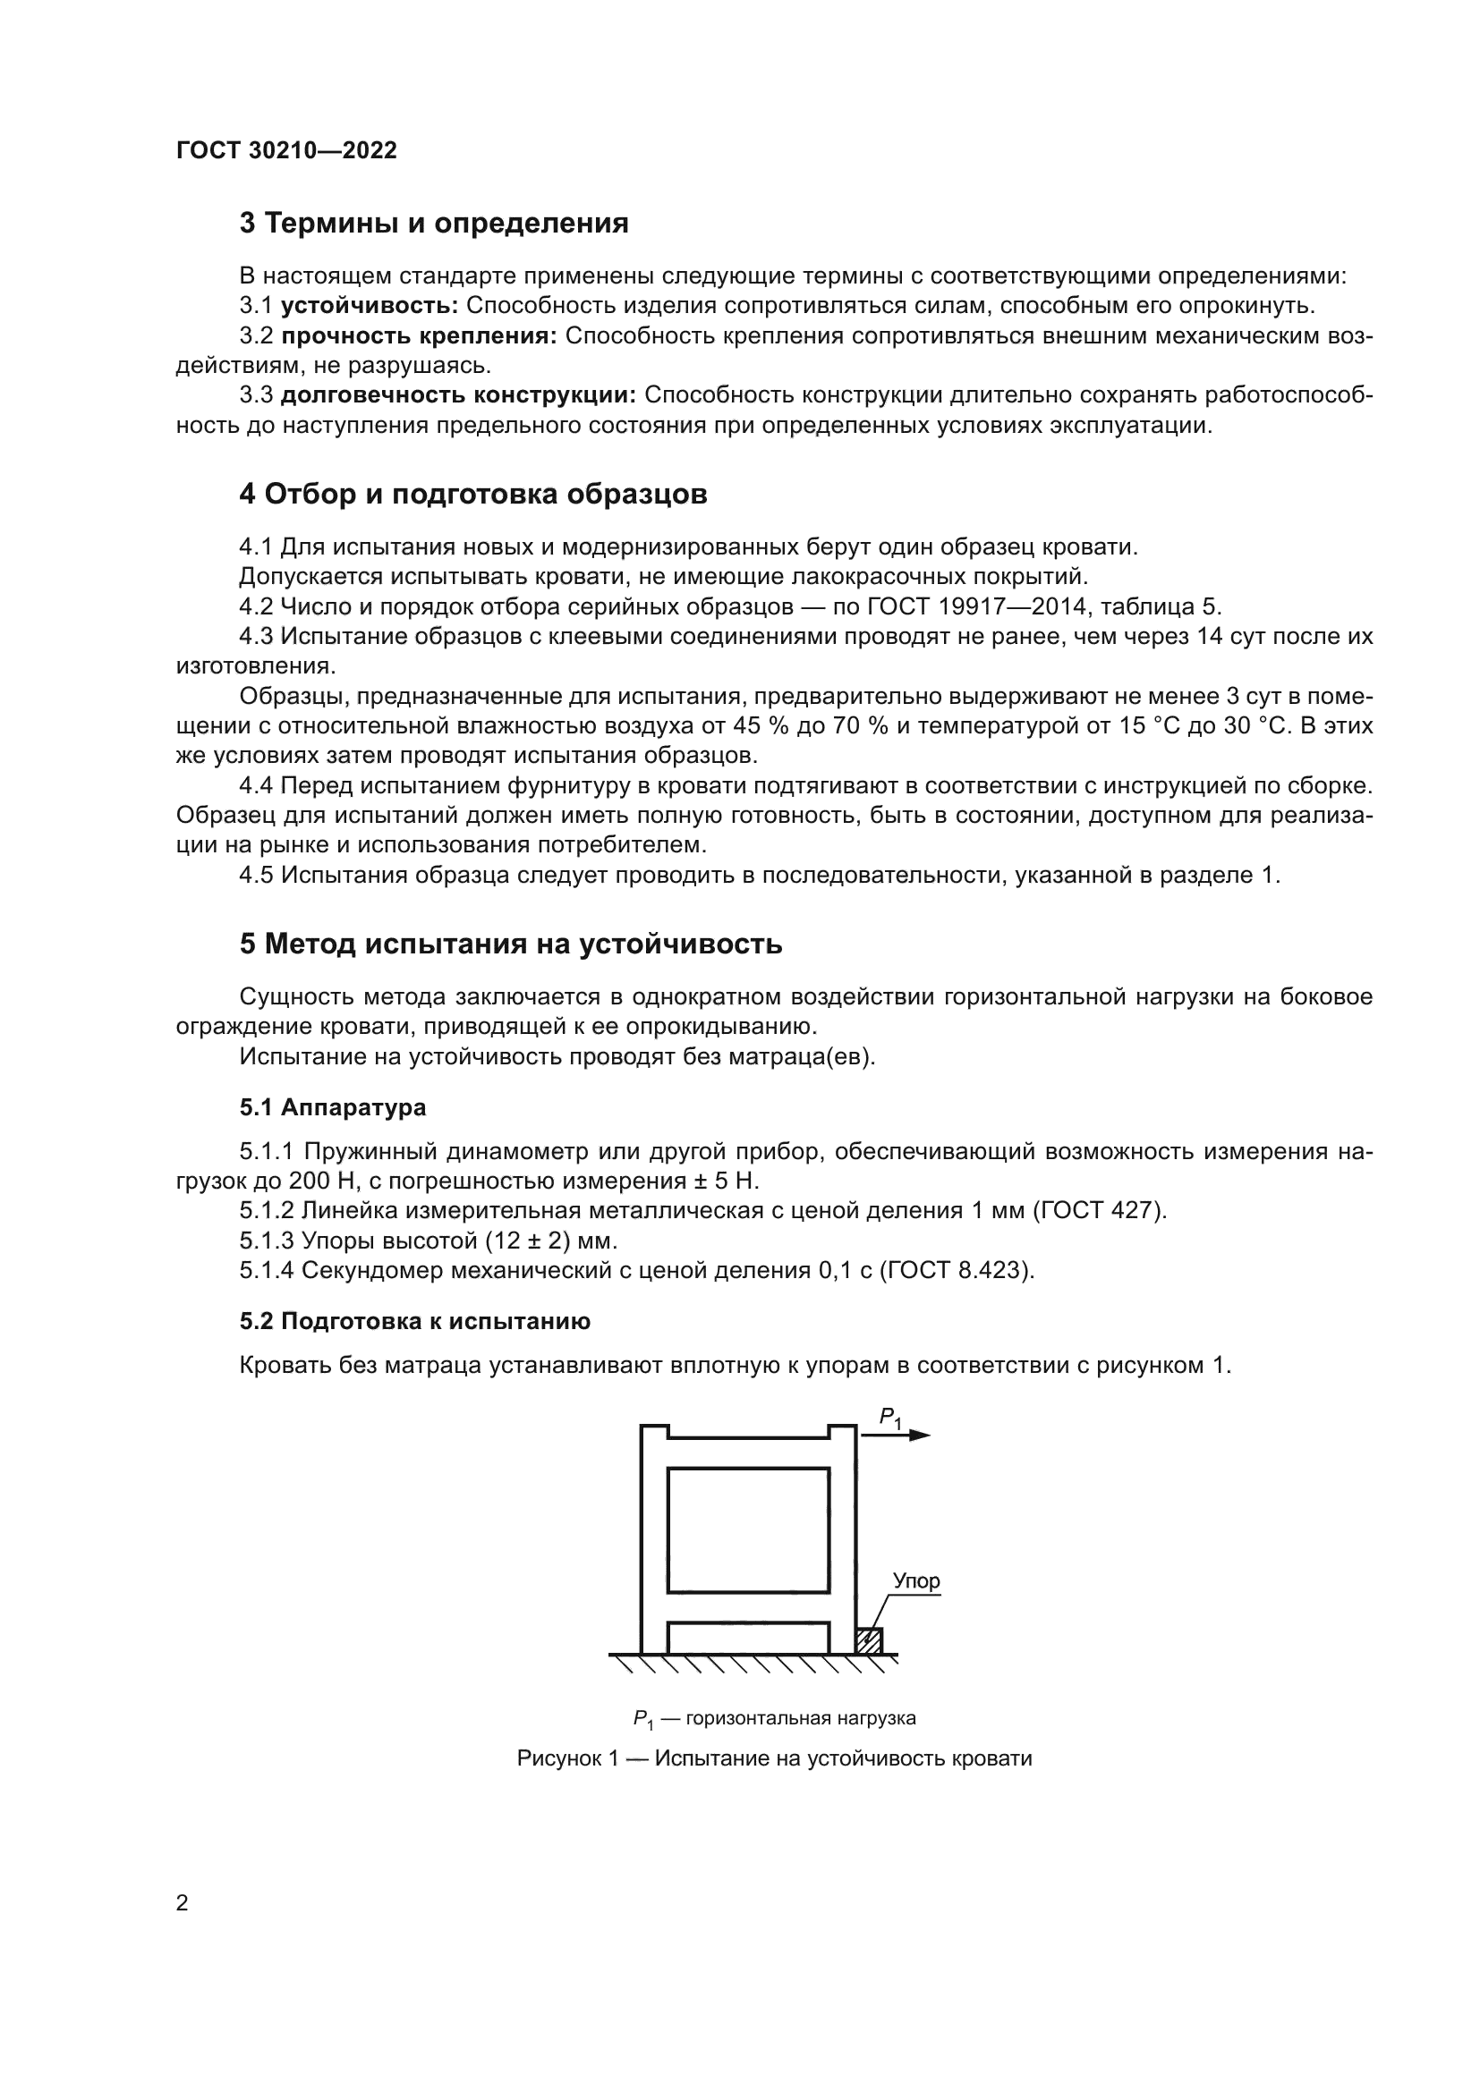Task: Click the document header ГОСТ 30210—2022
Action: click(x=286, y=150)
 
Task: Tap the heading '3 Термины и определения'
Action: click(x=434, y=224)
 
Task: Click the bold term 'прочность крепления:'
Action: click(x=418, y=336)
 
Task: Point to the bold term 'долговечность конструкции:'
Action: click(x=458, y=395)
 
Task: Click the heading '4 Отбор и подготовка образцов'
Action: click(x=473, y=494)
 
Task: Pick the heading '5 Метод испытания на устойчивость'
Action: click(x=510, y=944)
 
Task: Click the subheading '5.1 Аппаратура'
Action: click(x=333, y=1108)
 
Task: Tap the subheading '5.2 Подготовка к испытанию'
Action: click(x=414, y=1322)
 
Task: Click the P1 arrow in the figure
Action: click(x=894, y=1435)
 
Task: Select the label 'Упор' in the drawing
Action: click(x=915, y=1580)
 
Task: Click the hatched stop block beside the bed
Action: click(x=870, y=1640)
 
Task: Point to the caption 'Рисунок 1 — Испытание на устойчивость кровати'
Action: click(x=774, y=1758)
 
